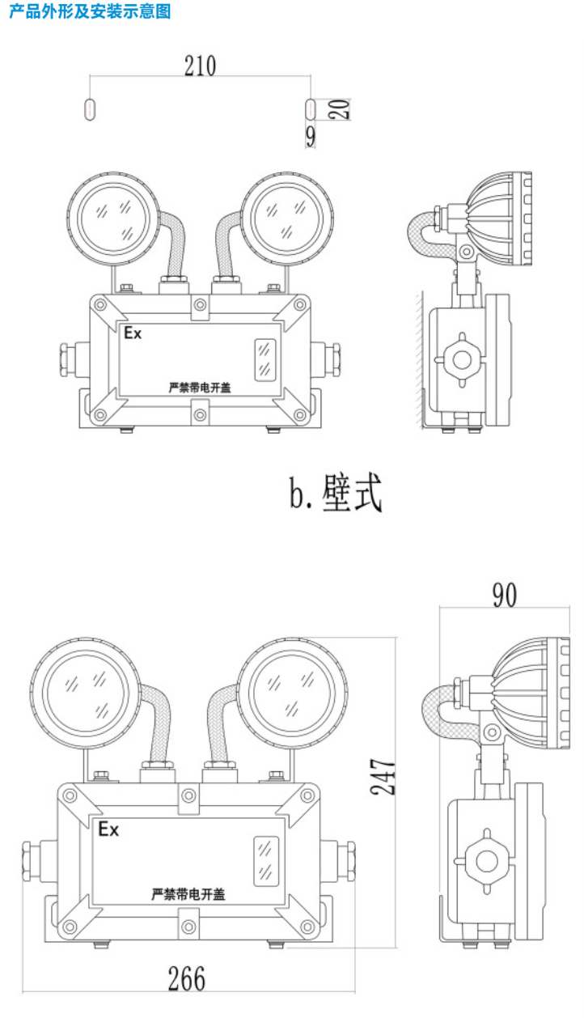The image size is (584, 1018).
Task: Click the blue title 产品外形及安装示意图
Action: [x=90, y=12]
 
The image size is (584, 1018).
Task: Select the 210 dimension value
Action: [x=200, y=65]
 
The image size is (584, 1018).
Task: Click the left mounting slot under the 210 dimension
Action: [x=90, y=109]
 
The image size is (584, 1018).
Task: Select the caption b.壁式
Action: [x=335, y=493]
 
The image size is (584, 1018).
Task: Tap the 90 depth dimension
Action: [x=504, y=595]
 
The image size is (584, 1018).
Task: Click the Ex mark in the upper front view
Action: [x=132, y=333]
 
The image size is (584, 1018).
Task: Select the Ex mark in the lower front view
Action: [x=108, y=829]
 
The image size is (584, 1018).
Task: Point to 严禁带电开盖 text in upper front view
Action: [x=200, y=388]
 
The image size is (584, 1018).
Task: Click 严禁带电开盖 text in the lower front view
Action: [x=188, y=894]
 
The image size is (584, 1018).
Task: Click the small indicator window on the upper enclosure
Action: [x=264, y=359]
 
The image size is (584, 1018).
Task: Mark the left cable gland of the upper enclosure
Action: [x=66, y=358]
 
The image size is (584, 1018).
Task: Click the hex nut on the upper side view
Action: [x=461, y=358]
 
